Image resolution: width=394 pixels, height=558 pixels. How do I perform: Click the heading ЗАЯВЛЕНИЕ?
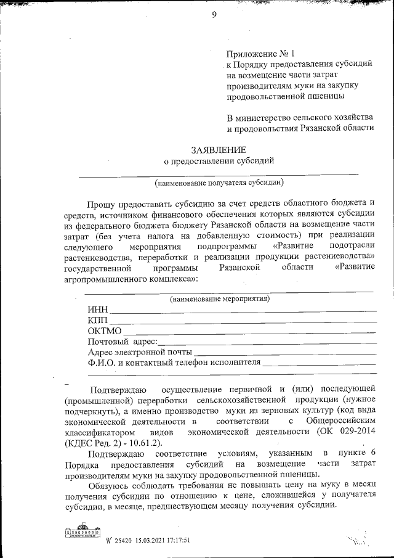tap(219, 150)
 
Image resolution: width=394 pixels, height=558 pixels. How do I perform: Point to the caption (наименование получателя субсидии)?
tap(219, 183)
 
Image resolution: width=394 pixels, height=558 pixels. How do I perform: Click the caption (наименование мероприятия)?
tap(219, 299)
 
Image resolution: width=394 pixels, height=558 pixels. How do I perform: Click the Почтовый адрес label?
tap(123, 342)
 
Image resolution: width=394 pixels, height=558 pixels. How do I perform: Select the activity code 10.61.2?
tap(147, 443)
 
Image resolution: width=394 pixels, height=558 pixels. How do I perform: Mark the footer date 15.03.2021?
tap(141, 540)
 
